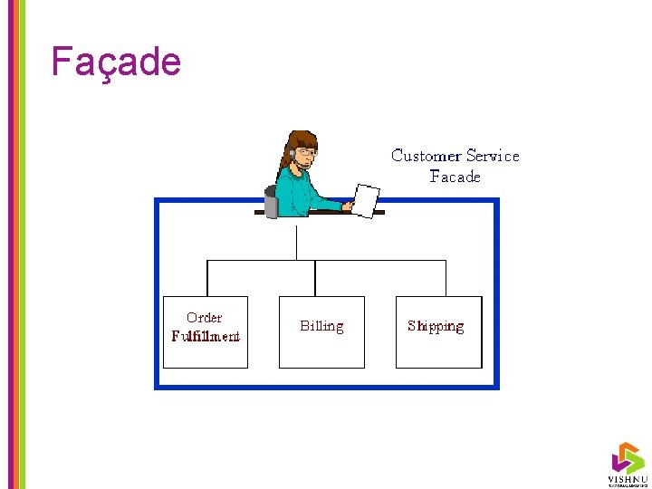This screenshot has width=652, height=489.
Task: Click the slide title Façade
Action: [x=116, y=62]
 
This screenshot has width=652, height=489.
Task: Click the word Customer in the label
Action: [x=426, y=156]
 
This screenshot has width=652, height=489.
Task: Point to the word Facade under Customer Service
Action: [x=455, y=177]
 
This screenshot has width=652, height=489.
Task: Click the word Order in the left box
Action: [x=204, y=318]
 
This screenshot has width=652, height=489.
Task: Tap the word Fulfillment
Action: [x=206, y=337]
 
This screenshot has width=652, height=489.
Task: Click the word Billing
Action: [x=321, y=326]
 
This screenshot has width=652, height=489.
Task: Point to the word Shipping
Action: [x=436, y=326]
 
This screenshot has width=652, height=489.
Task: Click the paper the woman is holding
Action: [x=366, y=200]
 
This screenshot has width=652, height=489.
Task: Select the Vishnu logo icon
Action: [x=627, y=457]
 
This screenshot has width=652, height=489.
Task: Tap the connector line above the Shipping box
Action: [x=446, y=278]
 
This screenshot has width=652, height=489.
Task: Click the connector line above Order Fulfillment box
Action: [x=208, y=278]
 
